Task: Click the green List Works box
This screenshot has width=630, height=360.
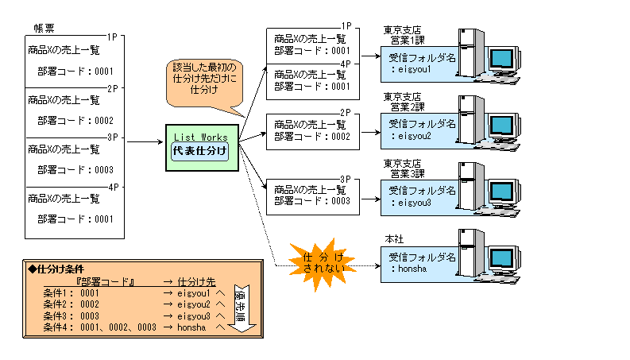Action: tap(199, 147)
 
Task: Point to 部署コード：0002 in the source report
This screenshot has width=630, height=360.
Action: tap(75, 121)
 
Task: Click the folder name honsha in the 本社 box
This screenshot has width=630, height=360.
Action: tap(412, 270)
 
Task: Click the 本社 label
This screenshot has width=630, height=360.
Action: tap(394, 239)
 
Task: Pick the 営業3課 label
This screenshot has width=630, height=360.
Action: tap(402, 173)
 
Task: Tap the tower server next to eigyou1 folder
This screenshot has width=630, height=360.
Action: tap(470, 51)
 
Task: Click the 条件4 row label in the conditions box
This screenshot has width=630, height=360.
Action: tap(56, 327)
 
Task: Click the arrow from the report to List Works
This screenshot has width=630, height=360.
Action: tap(145, 143)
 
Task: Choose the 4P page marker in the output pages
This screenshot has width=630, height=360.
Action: tap(345, 64)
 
